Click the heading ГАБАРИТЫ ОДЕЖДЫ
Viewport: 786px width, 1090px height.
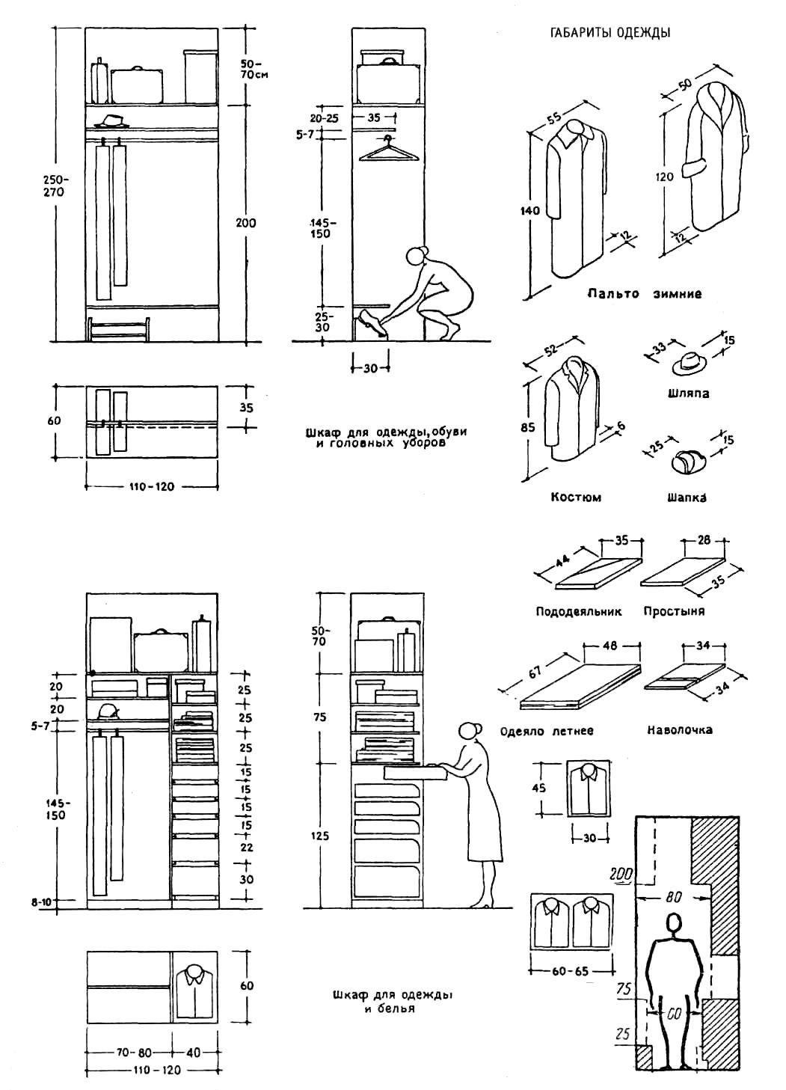(x=610, y=33)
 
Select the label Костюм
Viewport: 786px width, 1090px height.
(x=576, y=497)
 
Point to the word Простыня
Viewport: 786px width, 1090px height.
(x=674, y=611)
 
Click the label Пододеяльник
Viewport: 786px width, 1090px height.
(x=579, y=611)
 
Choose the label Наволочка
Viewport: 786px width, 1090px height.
(x=679, y=729)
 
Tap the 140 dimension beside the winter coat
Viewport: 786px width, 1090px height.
(x=529, y=211)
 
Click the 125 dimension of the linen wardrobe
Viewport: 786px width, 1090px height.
(x=319, y=836)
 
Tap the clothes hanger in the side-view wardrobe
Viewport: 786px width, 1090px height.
(x=388, y=152)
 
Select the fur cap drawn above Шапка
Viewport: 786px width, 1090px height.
(x=687, y=462)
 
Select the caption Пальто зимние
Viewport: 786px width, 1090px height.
(x=644, y=294)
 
